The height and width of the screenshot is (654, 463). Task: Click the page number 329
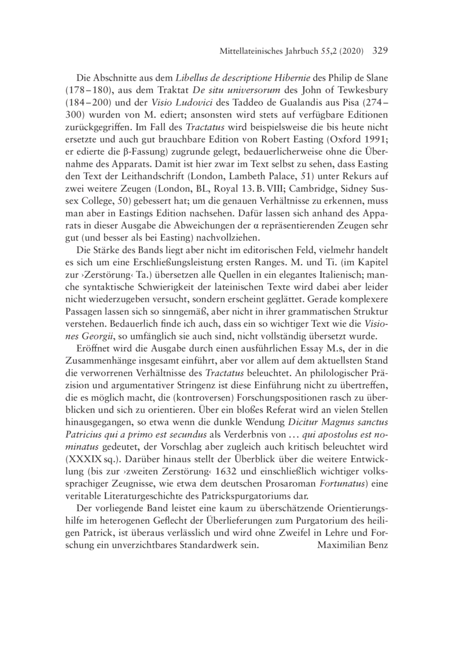pos(376,50)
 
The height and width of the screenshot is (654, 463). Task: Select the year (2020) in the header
pos(348,51)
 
